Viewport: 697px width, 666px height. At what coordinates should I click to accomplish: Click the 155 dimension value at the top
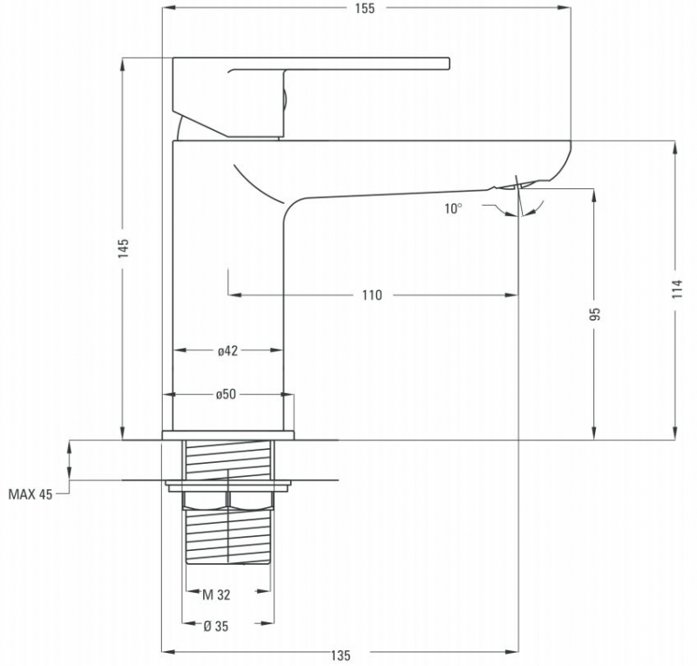[364, 9]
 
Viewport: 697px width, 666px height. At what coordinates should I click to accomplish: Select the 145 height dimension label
[123, 248]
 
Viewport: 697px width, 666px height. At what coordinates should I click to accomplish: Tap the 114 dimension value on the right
[677, 289]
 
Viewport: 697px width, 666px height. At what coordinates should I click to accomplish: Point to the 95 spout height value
[596, 314]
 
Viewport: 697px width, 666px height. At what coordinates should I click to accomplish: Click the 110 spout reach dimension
[372, 295]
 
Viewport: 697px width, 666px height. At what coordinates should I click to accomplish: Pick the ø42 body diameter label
[227, 351]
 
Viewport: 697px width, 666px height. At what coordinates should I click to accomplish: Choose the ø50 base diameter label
[227, 394]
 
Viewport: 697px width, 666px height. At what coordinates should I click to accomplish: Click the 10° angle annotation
[453, 208]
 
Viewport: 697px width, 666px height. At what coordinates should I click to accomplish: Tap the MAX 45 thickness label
[30, 494]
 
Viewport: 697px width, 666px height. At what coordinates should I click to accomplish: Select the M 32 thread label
[216, 595]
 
